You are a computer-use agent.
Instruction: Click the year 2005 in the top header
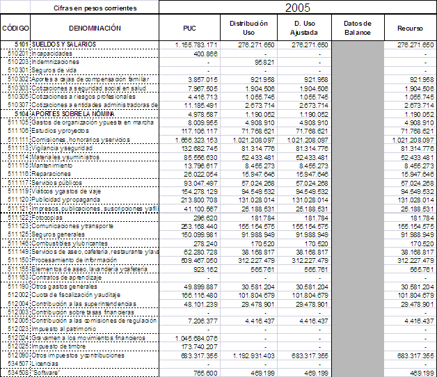[x=297, y=8]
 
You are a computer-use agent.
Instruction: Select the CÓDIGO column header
[x=15, y=29]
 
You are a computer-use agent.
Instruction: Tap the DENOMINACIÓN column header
[x=95, y=29]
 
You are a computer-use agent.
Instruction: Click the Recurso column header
[x=410, y=29]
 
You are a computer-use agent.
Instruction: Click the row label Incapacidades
[x=53, y=54]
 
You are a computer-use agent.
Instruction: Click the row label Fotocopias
[x=49, y=216]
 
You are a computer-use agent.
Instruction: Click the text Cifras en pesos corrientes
[x=95, y=8]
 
